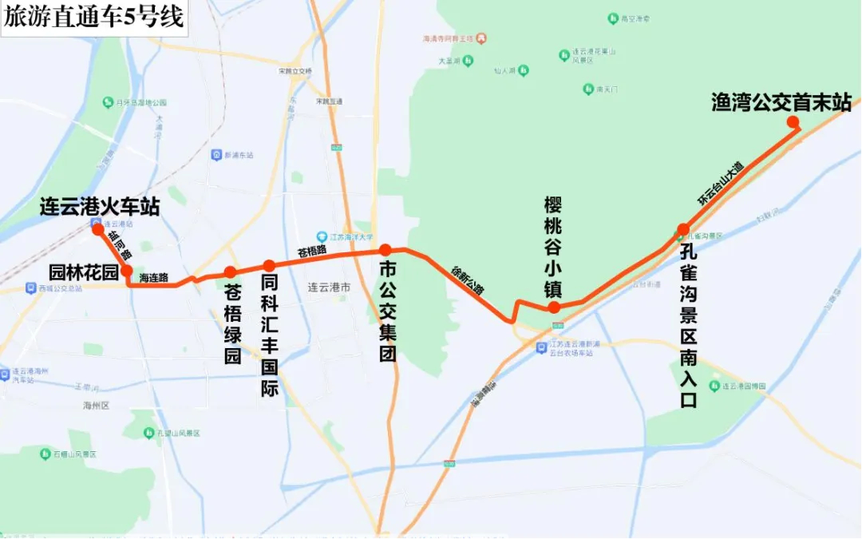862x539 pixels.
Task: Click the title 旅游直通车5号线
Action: coord(93,17)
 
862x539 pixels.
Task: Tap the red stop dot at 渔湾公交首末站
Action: coord(793,121)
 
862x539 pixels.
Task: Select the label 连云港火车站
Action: coord(100,208)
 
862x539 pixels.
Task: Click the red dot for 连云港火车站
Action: coord(97,229)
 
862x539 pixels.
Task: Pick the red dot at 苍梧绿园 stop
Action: coord(230,272)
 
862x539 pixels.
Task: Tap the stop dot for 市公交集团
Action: coord(385,250)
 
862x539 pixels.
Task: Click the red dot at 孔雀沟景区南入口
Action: coord(683,230)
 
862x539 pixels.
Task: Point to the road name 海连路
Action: coord(153,279)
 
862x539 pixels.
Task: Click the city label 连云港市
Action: coord(330,286)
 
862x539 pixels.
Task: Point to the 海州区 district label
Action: coord(95,406)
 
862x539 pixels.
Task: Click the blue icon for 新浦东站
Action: coord(216,154)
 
